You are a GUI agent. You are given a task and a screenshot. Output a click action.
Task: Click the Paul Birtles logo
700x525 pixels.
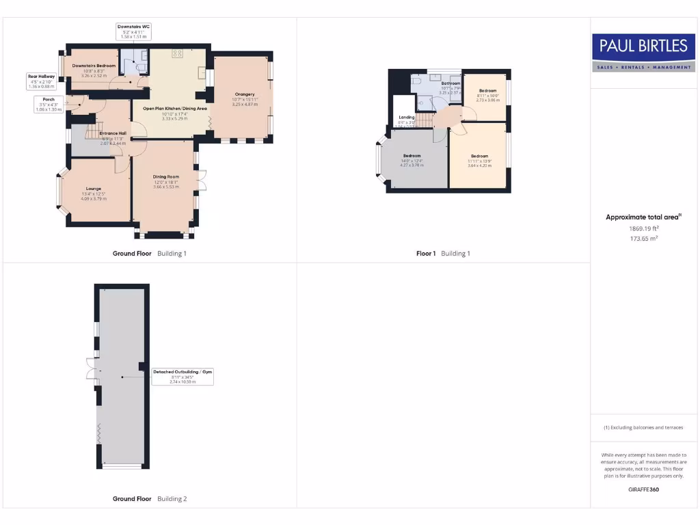pyautogui.click(x=643, y=52)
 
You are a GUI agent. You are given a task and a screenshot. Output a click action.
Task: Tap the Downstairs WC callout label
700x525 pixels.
pyautogui.click(x=135, y=31)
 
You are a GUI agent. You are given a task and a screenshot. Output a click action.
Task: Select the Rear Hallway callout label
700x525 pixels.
pyautogui.click(x=41, y=81)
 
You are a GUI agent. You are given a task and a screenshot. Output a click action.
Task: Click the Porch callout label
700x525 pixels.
pyautogui.click(x=49, y=104)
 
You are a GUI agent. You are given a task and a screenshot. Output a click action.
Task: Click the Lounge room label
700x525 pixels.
pyautogui.click(x=94, y=193)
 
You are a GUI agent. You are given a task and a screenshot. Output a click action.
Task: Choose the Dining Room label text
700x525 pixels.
pyautogui.click(x=165, y=182)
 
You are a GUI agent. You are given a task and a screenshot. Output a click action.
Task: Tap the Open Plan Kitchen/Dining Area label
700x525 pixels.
pyautogui.click(x=175, y=113)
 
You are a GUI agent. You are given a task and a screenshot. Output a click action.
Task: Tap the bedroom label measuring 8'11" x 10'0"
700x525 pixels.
pyautogui.click(x=487, y=95)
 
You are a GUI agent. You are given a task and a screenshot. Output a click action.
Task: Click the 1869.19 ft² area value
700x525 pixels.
pyautogui.click(x=643, y=228)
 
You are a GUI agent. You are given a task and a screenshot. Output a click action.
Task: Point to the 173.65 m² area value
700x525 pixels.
pyautogui.click(x=643, y=239)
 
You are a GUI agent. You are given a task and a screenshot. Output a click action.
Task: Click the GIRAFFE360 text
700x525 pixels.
pyautogui.click(x=643, y=489)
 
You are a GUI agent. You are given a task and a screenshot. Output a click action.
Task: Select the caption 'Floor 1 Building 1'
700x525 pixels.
pyautogui.click(x=443, y=254)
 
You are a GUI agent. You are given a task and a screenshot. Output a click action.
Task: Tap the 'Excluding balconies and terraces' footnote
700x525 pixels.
pyautogui.click(x=643, y=428)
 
